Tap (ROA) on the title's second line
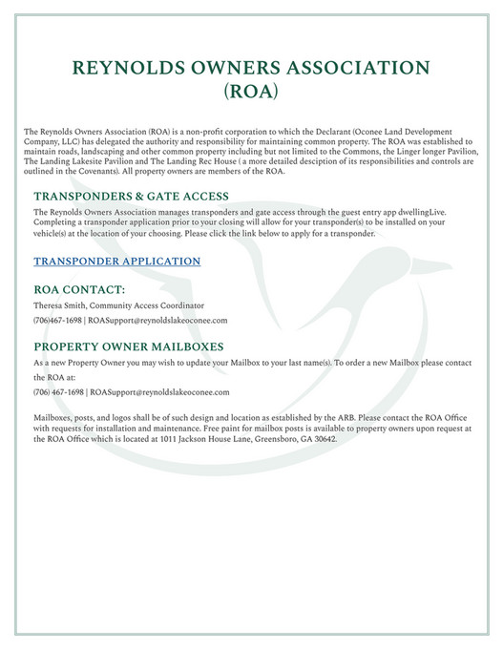pyautogui.click(x=251, y=94)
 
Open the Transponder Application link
pyautogui.click(x=116, y=261)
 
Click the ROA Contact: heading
pyautogui.click(x=79, y=288)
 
